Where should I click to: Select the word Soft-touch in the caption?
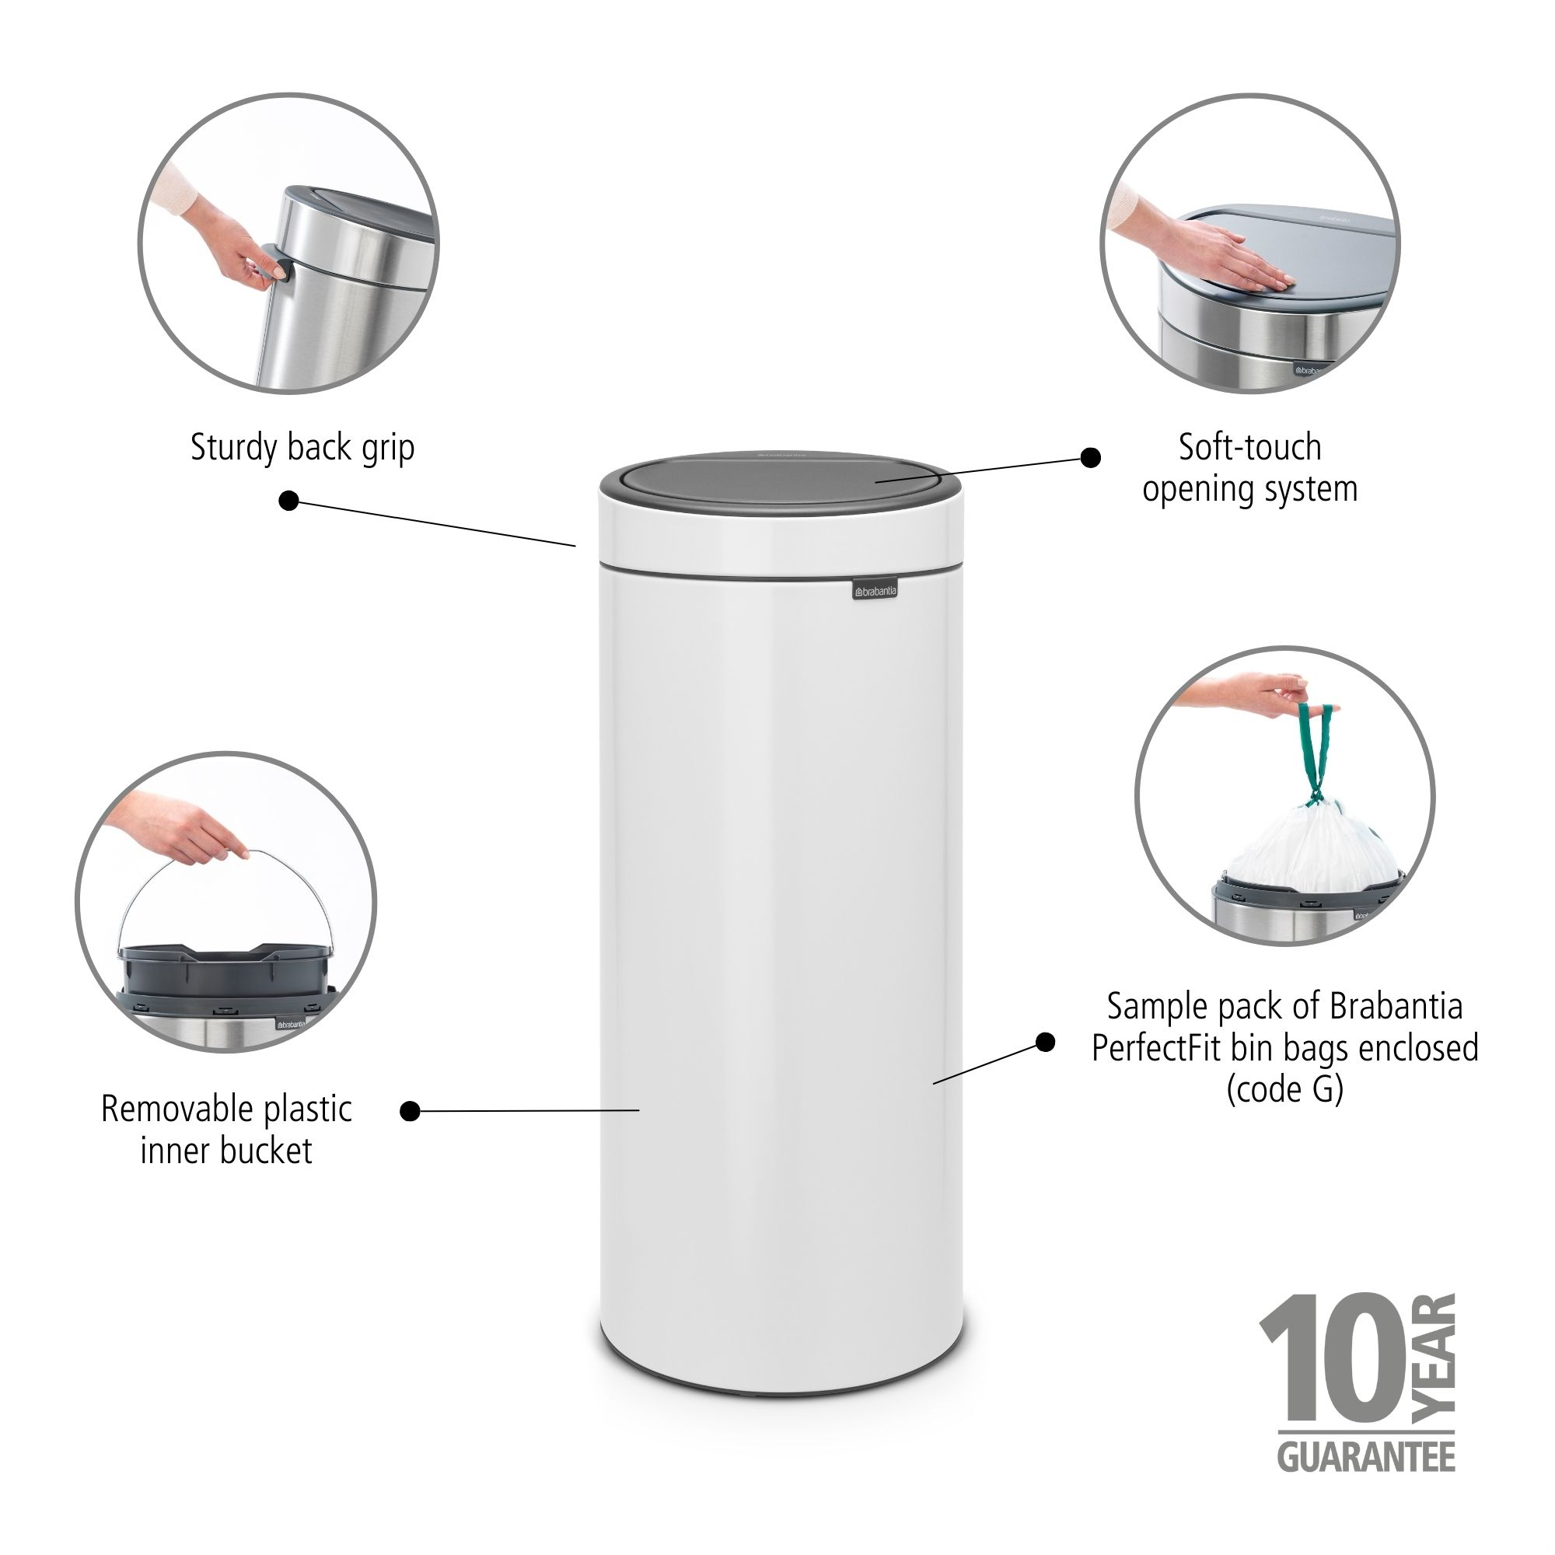point(1249,448)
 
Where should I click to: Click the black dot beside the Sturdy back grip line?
point(289,501)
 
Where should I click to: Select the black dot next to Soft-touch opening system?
point(1090,458)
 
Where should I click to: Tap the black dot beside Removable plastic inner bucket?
point(410,1112)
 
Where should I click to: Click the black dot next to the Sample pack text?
point(1045,1043)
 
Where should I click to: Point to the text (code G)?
point(1284,1090)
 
